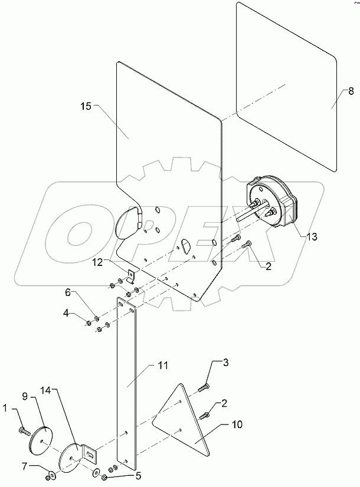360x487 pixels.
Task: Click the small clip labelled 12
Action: (132, 275)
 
